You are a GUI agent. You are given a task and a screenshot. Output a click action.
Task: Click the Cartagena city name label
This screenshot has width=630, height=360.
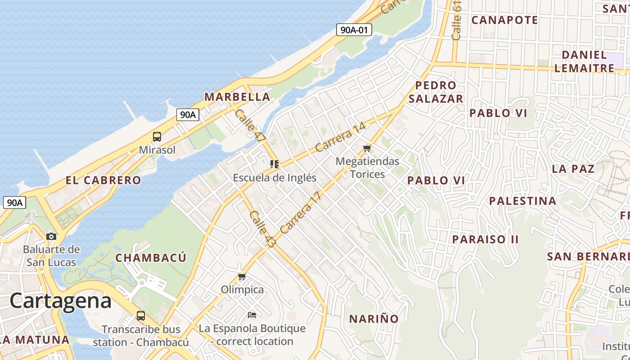tap(60, 301)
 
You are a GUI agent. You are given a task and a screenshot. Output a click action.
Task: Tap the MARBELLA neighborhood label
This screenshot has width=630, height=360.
tap(237, 97)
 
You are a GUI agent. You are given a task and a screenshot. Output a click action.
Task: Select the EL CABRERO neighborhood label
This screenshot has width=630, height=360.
tap(103, 180)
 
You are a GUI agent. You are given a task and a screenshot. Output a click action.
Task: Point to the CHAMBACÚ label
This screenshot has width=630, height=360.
tap(151, 258)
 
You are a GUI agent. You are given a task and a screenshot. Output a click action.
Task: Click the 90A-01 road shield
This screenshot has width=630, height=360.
tap(354, 30)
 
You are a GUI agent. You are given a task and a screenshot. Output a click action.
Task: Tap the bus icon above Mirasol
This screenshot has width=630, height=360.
tap(157, 137)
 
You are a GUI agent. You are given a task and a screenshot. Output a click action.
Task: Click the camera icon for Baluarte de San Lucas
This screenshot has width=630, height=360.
tap(51, 236)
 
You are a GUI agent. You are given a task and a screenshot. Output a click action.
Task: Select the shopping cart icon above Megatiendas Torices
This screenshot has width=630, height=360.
tap(367, 148)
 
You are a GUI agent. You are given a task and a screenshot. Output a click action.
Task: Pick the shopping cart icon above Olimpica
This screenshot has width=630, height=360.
tap(242, 276)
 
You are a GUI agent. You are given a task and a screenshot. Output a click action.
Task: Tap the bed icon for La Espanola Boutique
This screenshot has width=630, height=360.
tap(252, 315)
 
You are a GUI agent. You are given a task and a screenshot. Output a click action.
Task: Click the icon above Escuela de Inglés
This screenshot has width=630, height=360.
tap(274, 164)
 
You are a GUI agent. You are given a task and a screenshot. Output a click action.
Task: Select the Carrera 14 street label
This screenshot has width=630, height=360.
tap(340, 137)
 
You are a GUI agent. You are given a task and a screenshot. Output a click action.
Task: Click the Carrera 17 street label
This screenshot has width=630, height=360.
tap(301, 212)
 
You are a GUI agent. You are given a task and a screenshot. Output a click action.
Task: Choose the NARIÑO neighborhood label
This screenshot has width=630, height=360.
tap(374, 319)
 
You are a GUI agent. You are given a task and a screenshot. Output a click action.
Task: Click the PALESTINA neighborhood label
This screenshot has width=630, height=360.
tap(522, 201)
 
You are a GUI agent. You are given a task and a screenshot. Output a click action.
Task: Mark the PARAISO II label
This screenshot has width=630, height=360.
tap(485, 239)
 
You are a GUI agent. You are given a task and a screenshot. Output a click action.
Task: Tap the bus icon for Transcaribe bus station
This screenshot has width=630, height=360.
tap(141, 315)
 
